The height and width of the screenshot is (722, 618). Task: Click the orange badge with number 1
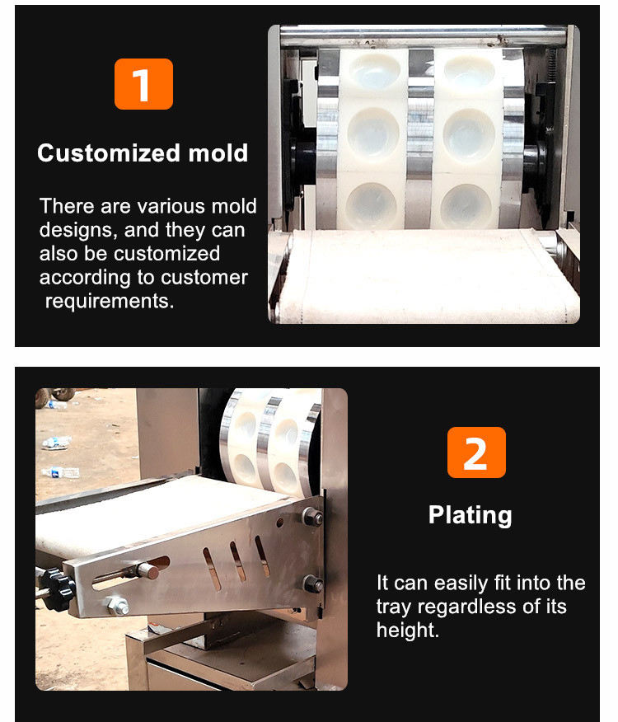tap(143, 84)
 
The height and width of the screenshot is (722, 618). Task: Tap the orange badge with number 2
tap(476, 452)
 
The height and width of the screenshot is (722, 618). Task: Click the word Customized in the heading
tap(109, 152)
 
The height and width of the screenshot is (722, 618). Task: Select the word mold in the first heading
tap(218, 152)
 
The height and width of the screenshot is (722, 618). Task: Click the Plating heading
tap(471, 515)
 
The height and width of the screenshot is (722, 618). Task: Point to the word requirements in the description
tap(109, 301)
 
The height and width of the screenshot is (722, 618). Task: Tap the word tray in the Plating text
tap(394, 607)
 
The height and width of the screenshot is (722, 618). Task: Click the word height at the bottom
tap(408, 630)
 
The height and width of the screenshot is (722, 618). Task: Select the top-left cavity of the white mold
tap(373, 70)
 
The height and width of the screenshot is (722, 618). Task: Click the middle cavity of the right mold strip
tap(468, 135)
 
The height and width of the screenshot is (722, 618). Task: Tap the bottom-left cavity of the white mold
tap(371, 206)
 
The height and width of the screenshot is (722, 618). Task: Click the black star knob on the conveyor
tap(56, 589)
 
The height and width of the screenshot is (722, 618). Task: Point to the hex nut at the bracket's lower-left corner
tap(118, 606)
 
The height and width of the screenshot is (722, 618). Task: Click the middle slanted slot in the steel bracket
tap(238, 561)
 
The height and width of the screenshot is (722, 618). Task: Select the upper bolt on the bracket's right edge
tap(312, 517)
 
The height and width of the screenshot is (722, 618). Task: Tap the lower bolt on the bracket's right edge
tap(312, 584)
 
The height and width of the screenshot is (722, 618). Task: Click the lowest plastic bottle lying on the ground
tap(61, 472)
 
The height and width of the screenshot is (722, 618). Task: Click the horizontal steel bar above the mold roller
tap(424, 36)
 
